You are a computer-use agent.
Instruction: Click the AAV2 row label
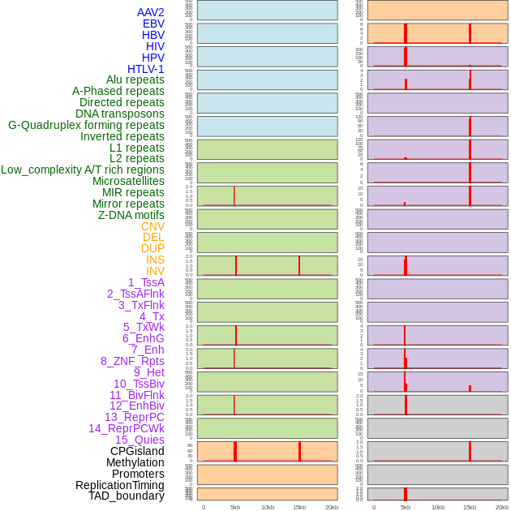[x=150, y=12]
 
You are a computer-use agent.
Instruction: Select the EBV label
[x=153, y=24]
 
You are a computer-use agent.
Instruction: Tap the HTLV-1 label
[x=145, y=69]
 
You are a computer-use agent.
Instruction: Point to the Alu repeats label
[x=135, y=79]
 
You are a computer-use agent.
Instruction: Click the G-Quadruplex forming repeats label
[x=86, y=125]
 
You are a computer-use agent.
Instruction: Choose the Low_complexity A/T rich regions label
[x=82, y=170]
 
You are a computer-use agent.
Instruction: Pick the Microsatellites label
[x=128, y=181]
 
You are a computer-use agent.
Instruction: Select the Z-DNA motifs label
[x=131, y=215]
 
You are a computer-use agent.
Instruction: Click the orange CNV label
[x=152, y=226]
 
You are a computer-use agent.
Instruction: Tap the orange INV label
[x=155, y=271]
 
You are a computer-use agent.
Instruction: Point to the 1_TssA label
[x=146, y=282]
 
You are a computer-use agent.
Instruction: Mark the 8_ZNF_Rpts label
[x=132, y=361]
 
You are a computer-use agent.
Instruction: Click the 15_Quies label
[x=140, y=440]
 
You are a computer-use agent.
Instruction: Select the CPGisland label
[x=137, y=451]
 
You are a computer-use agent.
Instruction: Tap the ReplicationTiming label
[x=119, y=485]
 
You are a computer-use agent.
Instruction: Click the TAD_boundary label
[x=126, y=496]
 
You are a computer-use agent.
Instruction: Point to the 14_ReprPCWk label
[x=126, y=428]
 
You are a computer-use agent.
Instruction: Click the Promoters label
[x=138, y=474]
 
